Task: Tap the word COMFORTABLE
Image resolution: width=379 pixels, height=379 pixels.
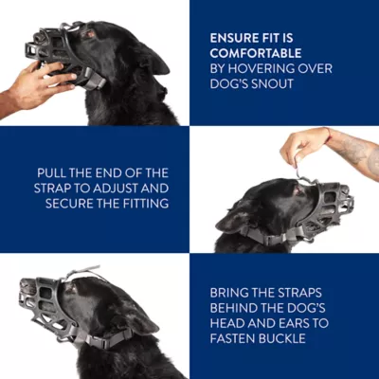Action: [256, 54]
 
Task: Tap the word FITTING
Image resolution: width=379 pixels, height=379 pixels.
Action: [144, 203]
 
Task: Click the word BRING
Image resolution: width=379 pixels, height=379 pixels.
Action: [230, 292]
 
